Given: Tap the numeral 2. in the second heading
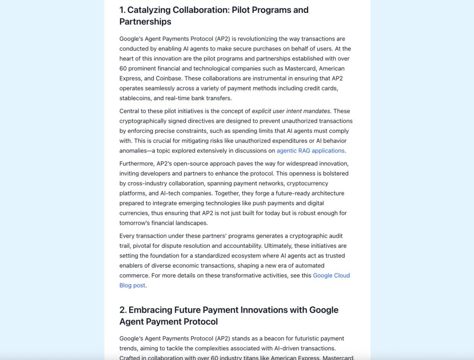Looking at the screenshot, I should click(123, 310).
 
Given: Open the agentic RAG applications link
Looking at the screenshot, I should click(311, 151).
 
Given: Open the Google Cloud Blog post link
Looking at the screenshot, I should click(331, 276).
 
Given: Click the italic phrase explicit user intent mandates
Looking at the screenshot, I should click(291, 111).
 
